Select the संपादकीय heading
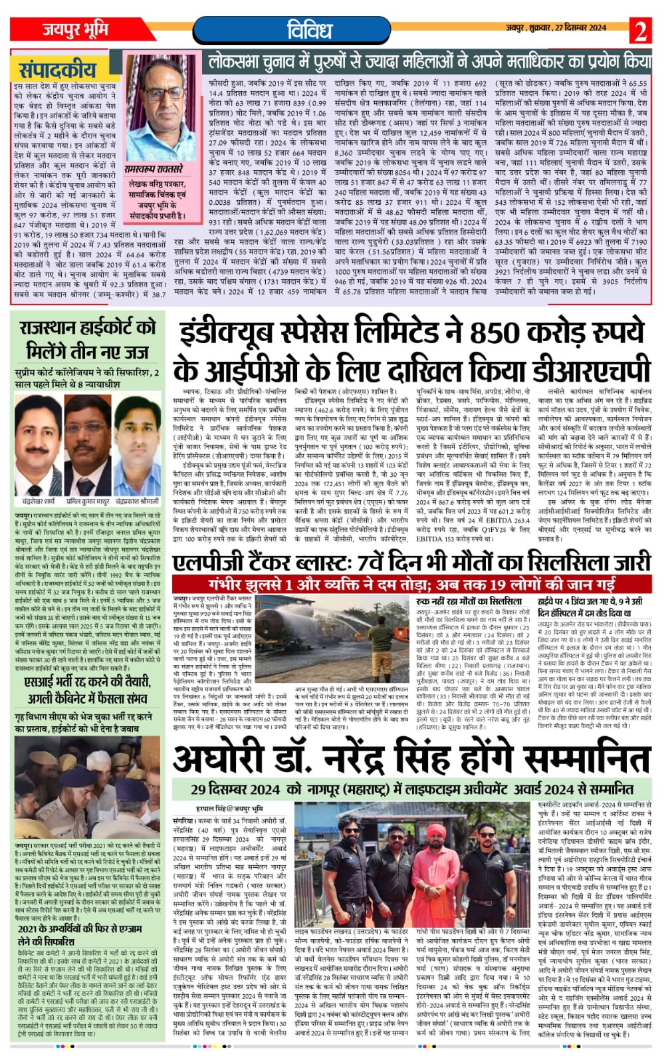[x=57, y=70]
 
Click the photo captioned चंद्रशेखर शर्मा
[x=37, y=444]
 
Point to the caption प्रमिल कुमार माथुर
[x=88, y=500]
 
